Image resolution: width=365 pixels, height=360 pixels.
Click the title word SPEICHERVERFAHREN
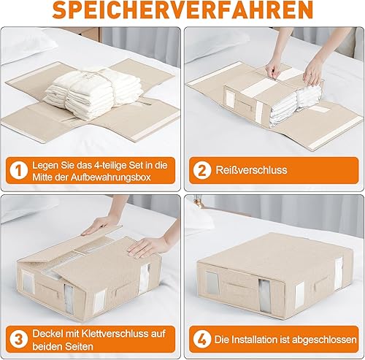pyautogui.click(x=182, y=10)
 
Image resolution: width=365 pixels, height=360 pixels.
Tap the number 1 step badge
pyautogui.click(x=19, y=171)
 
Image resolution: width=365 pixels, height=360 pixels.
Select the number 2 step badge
pyautogui.click(x=202, y=170)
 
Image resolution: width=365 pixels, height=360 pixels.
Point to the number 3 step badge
pyautogui.click(x=19, y=340)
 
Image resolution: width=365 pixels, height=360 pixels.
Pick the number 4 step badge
pyautogui.click(x=202, y=339)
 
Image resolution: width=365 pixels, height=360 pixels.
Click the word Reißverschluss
pyautogui.click(x=251, y=170)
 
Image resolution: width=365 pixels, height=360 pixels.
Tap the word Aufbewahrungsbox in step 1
pyautogui.click(x=111, y=177)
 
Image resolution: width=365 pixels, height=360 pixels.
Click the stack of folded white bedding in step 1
pyautogui.click(x=92, y=93)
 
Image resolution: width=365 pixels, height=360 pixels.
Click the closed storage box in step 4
pyautogui.click(x=272, y=275)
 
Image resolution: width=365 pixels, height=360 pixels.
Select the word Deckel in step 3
pyautogui.click(x=46, y=334)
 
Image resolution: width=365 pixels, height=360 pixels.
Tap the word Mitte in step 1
pyautogui.click(x=42, y=177)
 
